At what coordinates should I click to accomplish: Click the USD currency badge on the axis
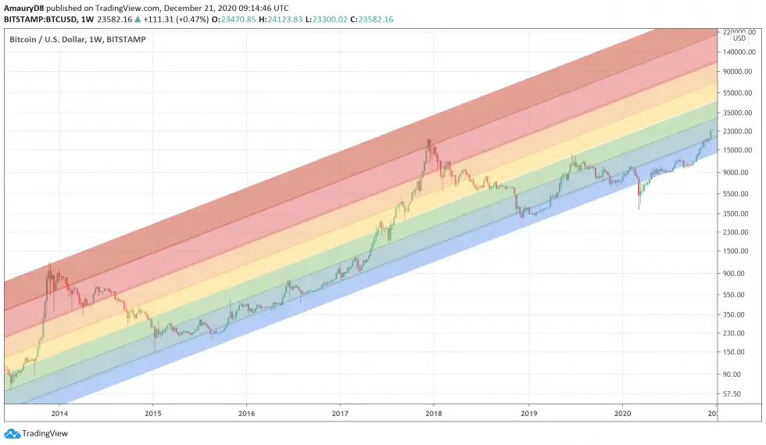tap(739, 38)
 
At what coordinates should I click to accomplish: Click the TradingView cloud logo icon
tap(12, 433)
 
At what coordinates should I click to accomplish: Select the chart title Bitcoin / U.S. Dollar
tap(55, 38)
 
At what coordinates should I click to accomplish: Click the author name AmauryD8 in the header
tap(29, 8)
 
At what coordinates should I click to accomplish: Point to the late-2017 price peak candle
tap(428, 142)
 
